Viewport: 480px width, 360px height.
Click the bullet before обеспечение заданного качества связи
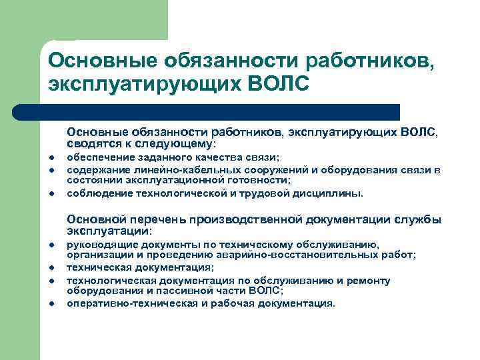click(x=51, y=158)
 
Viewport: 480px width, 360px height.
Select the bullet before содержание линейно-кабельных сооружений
click(x=51, y=171)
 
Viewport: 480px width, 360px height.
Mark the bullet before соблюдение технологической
click(x=51, y=195)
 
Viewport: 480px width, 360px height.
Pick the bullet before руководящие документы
click(x=51, y=246)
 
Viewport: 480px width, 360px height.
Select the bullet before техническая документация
click(x=51, y=269)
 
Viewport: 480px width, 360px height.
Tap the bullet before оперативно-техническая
click(x=51, y=305)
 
